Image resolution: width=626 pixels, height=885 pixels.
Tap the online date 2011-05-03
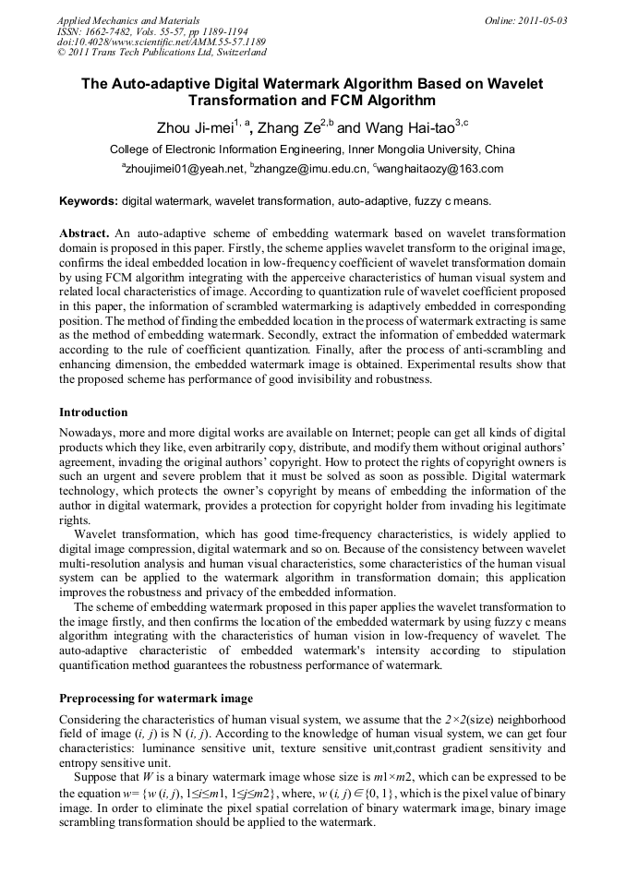tap(545, 19)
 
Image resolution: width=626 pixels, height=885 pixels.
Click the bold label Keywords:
tap(89, 200)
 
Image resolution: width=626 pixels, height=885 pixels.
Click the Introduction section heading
tap(93, 412)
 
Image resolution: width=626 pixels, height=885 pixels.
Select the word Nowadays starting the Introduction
tap(88, 432)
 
